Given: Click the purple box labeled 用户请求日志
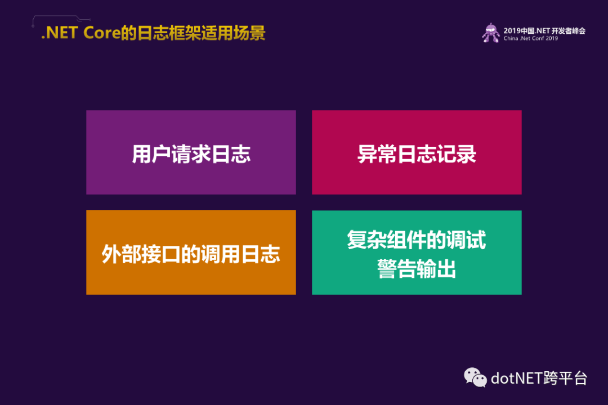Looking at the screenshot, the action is tap(191, 152).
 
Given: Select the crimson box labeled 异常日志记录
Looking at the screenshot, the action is tap(417, 152).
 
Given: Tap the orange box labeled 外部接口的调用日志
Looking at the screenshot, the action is tap(191, 253).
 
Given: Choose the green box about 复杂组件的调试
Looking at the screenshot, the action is tap(417, 253).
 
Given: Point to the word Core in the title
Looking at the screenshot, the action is tap(102, 33).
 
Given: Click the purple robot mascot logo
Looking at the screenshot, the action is tap(491, 33).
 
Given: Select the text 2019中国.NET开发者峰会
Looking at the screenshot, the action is tap(544, 30).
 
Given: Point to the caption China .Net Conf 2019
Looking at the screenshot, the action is tap(530, 38).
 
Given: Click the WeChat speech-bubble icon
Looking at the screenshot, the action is tap(475, 377).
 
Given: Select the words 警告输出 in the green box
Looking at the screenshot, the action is tap(417, 268).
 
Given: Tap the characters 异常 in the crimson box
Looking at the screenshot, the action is tap(377, 154).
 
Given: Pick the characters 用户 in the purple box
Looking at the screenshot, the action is tap(151, 154).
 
